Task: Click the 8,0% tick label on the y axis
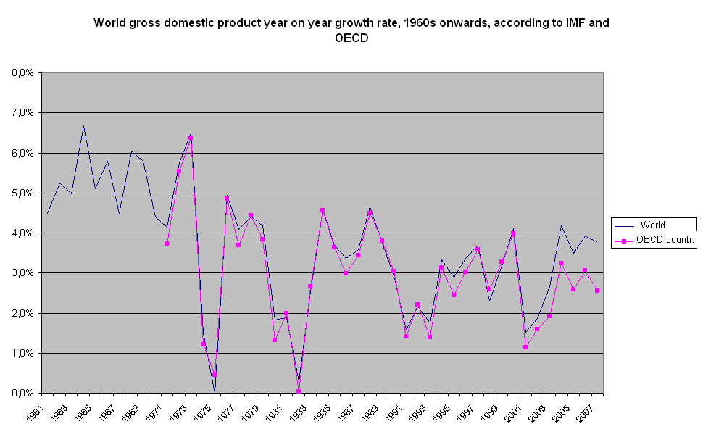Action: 22,73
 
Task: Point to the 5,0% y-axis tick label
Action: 22,193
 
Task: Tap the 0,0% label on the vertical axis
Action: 22,394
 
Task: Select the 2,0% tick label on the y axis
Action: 22,314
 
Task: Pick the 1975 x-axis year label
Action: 208,411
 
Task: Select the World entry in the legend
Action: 652,225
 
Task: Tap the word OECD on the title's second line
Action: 351,38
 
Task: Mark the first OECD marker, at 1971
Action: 167,244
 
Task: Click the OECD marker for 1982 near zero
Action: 299,391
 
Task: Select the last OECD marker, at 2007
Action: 597,291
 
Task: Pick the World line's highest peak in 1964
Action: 83,125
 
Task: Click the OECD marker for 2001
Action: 525,347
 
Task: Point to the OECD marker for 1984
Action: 323,210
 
